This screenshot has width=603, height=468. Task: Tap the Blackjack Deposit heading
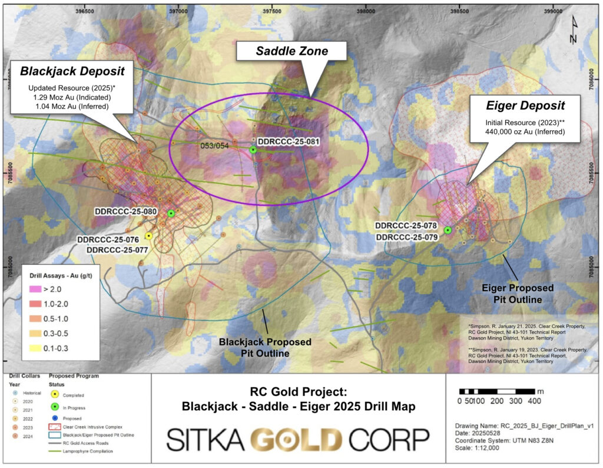72,71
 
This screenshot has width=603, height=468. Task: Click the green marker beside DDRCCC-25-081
253,150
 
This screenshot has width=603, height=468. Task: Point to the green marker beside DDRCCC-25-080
171,213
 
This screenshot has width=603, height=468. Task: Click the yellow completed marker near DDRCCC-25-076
148,236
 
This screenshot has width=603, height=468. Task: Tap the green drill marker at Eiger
448,230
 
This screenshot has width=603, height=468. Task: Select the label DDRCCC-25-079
406,237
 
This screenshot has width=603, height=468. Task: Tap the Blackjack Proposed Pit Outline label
265,348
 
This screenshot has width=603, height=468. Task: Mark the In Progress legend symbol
56,407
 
